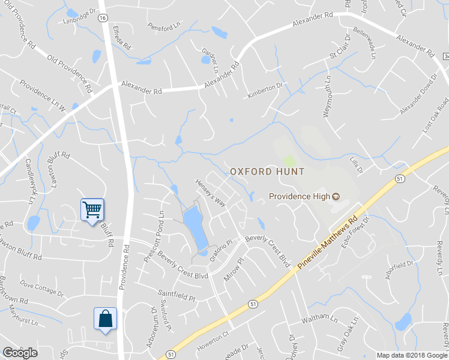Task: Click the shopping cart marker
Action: (x=92, y=209)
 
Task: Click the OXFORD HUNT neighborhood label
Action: (x=267, y=172)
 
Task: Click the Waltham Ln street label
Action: (x=316, y=317)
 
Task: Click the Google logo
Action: (x=20, y=353)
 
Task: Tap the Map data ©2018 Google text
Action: (x=411, y=355)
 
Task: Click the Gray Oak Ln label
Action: (x=345, y=340)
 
